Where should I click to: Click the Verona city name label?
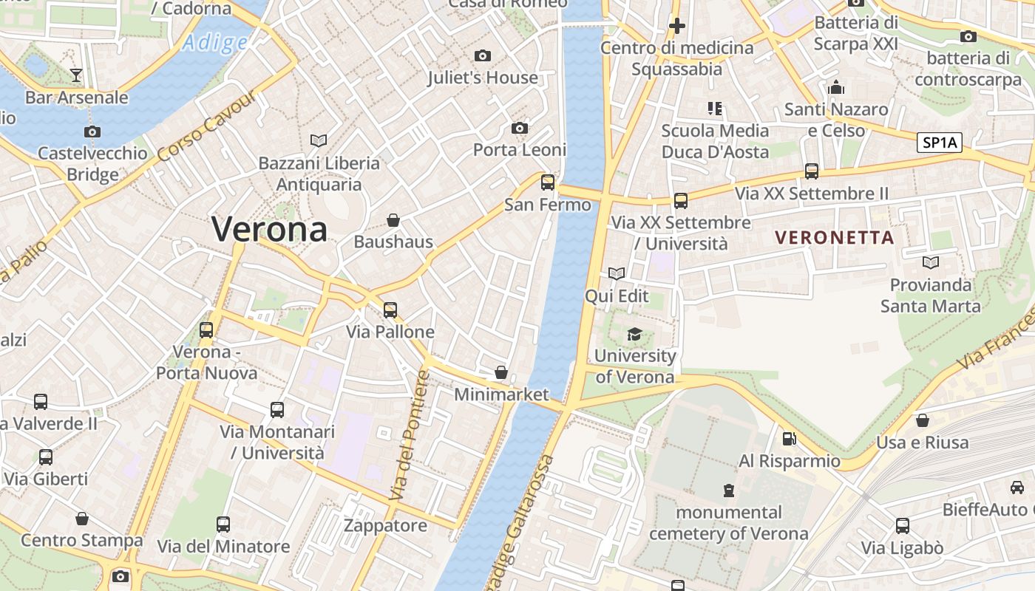tap(270, 229)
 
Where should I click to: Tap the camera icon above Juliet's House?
tap(483, 56)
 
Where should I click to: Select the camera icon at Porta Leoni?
tap(520, 129)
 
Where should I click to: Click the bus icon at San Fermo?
tap(548, 182)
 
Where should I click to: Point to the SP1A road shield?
tap(940, 143)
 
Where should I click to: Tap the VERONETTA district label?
tap(835, 238)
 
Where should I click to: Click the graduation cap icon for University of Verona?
tap(634, 335)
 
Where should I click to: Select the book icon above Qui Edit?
tap(617, 274)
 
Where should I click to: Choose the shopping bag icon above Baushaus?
tap(393, 220)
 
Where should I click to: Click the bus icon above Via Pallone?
tap(390, 310)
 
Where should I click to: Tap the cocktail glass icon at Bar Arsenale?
tap(75, 75)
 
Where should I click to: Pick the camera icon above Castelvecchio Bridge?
tap(92, 132)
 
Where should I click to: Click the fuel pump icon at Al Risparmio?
tap(790, 439)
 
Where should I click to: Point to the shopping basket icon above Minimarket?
tap(501, 372)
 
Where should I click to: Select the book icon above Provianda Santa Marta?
tap(931, 263)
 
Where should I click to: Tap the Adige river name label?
tap(215, 43)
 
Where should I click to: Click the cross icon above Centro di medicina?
tap(676, 27)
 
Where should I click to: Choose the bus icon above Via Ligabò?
tap(903, 526)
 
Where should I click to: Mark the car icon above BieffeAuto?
tap(1017, 488)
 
